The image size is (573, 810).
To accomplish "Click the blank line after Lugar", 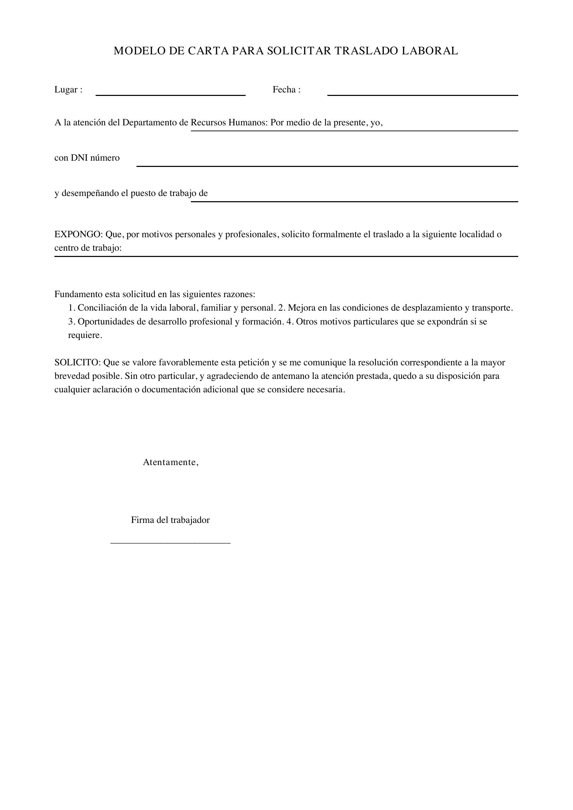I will click(x=170, y=95).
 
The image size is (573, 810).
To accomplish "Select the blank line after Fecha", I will click(x=422, y=95).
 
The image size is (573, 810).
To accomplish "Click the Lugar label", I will click(x=66, y=90).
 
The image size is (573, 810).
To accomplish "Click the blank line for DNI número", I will click(x=327, y=166).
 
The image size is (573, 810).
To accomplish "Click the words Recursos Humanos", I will click(x=229, y=123).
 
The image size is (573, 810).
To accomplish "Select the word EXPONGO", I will click(x=78, y=234).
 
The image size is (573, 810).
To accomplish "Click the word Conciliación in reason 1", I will click(x=102, y=308).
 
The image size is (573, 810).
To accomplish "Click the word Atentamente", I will click(x=170, y=463).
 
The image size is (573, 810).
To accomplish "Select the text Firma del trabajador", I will click(x=170, y=520).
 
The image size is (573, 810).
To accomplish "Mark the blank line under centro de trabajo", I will click(x=286, y=256).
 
